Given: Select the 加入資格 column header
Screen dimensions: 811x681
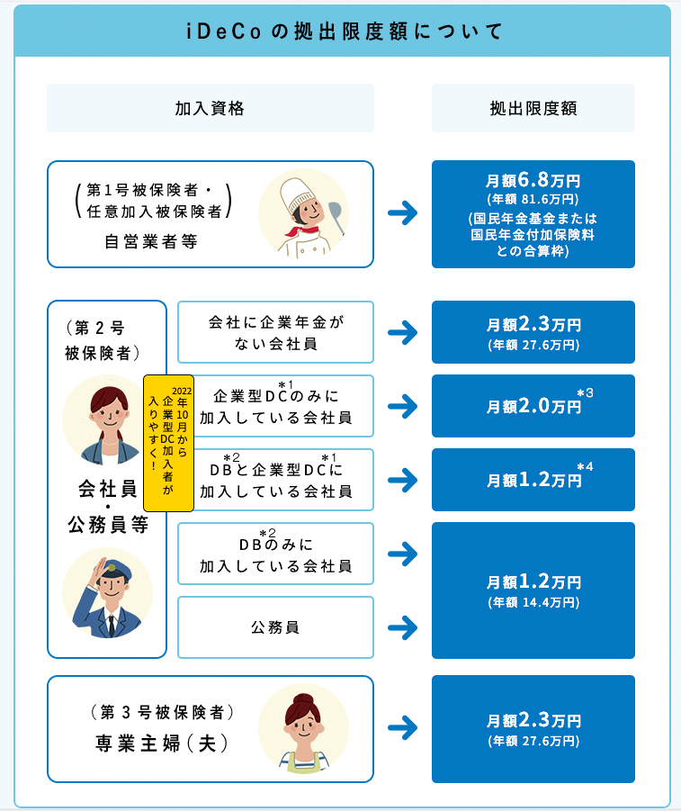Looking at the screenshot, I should (210, 108).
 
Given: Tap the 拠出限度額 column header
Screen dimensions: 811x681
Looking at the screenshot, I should (533, 108).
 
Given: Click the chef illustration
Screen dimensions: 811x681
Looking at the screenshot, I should (303, 214).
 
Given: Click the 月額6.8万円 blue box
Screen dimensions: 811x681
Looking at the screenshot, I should (533, 214).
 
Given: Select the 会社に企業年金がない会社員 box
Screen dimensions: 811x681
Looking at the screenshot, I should (275, 332).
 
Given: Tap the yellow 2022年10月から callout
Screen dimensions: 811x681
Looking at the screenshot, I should (169, 431).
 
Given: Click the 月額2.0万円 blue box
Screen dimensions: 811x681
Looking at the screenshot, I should (533, 406).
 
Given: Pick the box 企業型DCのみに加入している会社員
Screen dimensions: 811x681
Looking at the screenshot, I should (275, 406).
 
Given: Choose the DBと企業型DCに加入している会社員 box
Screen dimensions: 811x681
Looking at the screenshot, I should (275, 480).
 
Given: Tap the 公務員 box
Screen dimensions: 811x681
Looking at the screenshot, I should (275, 627).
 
